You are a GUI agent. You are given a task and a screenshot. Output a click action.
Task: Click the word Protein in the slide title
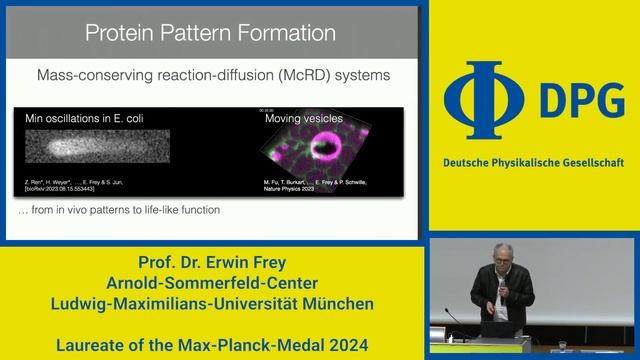(117, 33)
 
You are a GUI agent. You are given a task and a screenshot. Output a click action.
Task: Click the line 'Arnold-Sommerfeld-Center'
(214, 283)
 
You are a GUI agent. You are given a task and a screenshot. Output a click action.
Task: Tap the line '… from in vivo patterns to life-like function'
(119, 210)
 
